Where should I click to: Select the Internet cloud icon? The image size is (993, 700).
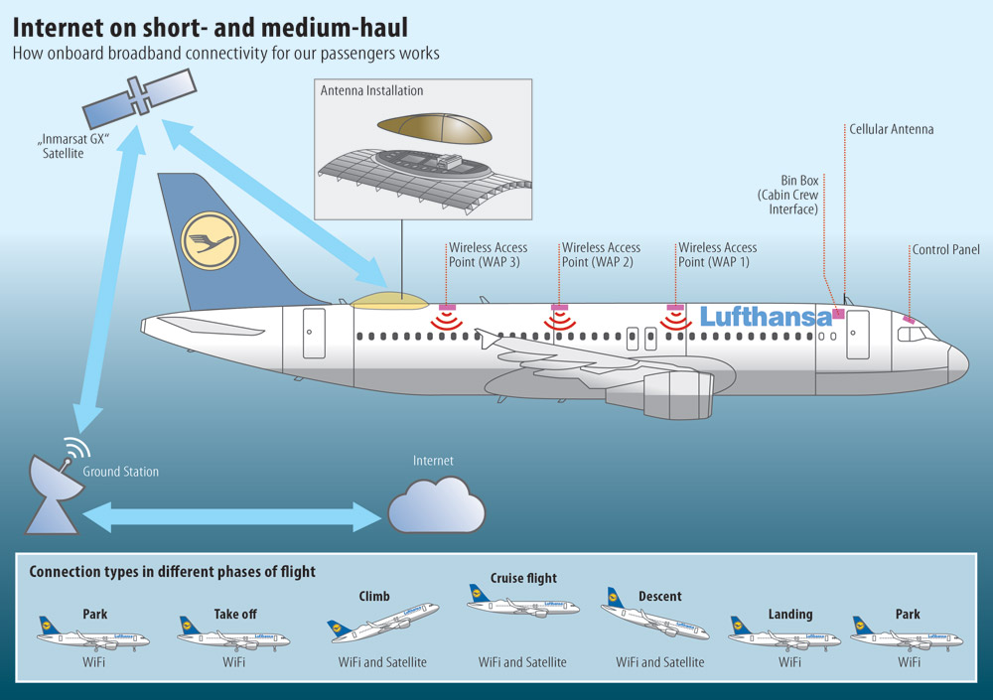tap(436, 505)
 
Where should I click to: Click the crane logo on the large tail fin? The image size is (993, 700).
tap(210, 240)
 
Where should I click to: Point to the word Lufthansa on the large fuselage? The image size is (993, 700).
tap(766, 316)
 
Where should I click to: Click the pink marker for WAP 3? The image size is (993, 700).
tap(447, 307)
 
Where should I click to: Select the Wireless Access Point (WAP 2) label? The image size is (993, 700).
tap(601, 254)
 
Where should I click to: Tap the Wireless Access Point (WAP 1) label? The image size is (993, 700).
tap(718, 254)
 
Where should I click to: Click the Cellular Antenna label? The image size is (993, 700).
tap(891, 129)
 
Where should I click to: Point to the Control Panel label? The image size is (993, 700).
tap(945, 249)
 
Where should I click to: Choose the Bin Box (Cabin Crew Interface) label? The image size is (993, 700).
tap(787, 196)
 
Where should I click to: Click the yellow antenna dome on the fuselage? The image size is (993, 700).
tap(389, 300)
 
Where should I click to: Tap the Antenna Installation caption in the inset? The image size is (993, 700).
tap(371, 90)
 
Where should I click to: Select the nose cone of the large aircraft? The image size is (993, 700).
tap(958, 364)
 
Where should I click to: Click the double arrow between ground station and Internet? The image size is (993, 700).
tap(231, 517)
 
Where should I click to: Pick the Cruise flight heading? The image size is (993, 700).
tap(523, 578)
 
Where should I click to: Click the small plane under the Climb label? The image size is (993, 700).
tap(383, 623)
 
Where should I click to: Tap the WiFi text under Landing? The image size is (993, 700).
tap(789, 662)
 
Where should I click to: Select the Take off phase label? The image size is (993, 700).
tap(235, 614)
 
